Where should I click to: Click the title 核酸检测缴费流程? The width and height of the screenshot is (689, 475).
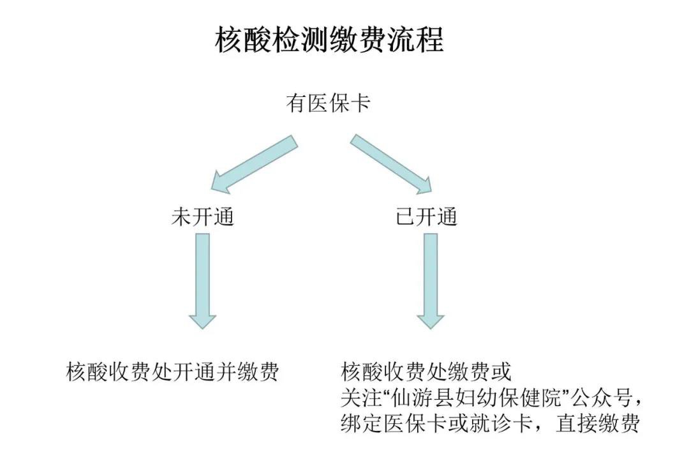(x=329, y=40)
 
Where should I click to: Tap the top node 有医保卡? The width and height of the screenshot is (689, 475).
(x=329, y=103)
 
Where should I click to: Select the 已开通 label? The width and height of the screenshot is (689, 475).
(x=427, y=217)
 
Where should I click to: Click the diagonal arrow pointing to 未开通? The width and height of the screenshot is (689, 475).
(x=255, y=164)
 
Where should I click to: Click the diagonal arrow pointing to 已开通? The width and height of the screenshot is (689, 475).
(x=392, y=164)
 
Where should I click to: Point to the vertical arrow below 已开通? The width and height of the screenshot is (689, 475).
(x=431, y=281)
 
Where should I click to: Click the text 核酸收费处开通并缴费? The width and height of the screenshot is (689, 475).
(x=172, y=372)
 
